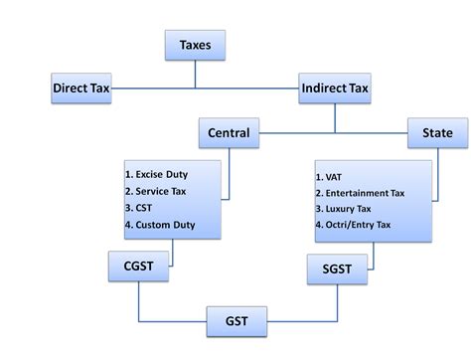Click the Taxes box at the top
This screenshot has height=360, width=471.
tap(194, 45)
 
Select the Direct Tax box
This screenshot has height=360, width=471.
tap(81, 89)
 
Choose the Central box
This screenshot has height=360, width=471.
tap(229, 132)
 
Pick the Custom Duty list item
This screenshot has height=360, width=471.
tap(165, 225)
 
